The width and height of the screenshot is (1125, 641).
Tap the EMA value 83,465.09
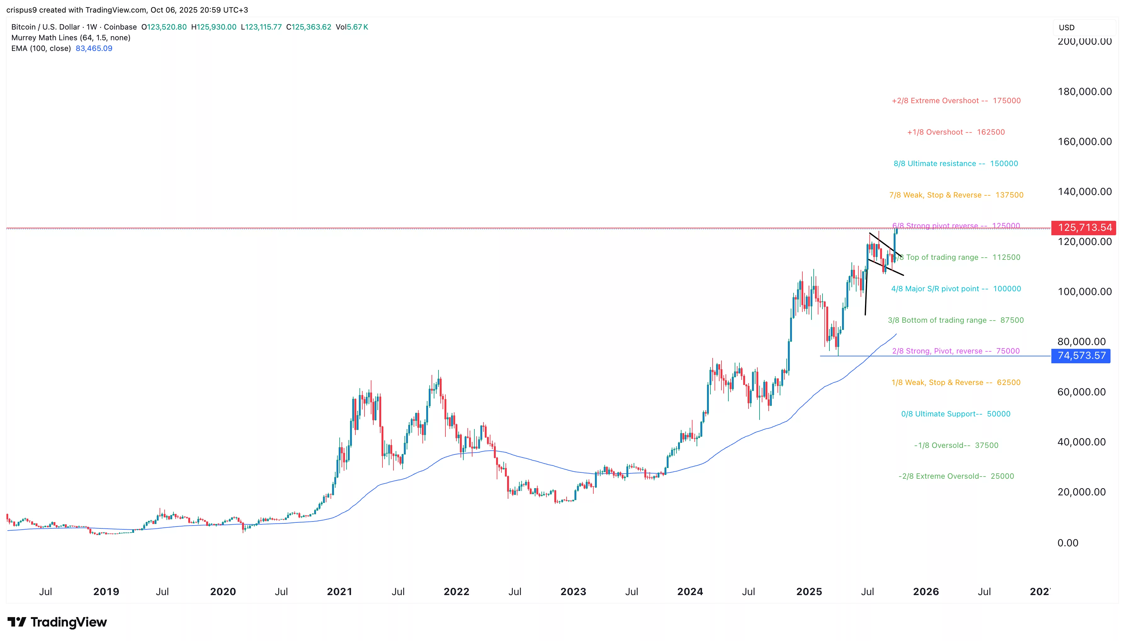tap(94, 48)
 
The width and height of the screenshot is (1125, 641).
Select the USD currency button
tap(1066, 27)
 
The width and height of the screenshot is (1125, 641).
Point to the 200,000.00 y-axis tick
tap(1084, 42)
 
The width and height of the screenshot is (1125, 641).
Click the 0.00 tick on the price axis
tap(1068, 543)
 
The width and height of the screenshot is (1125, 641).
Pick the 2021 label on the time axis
tap(339, 591)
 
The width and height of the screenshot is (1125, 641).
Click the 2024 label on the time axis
tap(690, 591)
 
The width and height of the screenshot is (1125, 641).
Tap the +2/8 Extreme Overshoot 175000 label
tap(956, 101)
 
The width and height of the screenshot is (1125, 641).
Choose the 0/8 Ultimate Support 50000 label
tap(955, 414)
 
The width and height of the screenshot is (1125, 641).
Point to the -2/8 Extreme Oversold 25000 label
tap(956, 477)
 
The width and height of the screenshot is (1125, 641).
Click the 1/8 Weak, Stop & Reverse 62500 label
tap(955, 382)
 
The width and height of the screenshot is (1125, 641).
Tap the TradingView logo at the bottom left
tap(57, 622)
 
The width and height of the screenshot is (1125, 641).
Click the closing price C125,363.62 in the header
tap(309, 27)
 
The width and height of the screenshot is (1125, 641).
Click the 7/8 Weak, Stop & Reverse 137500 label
tap(956, 195)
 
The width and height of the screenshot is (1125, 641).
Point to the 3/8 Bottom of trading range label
tap(955, 320)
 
